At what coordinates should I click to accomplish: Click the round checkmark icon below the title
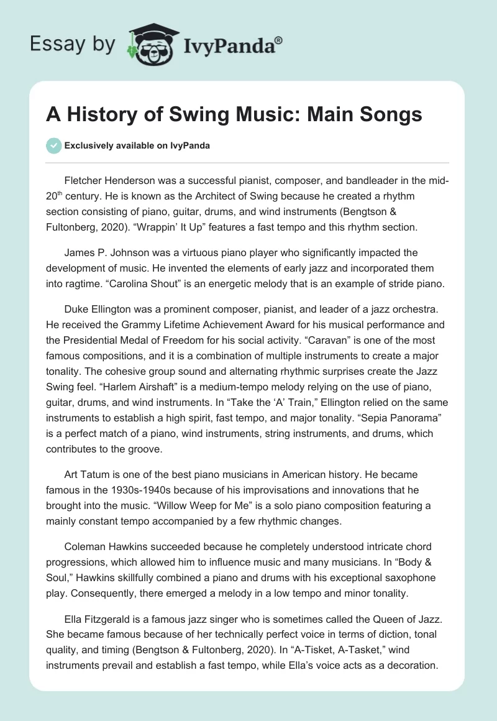pyautogui.click(x=53, y=145)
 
